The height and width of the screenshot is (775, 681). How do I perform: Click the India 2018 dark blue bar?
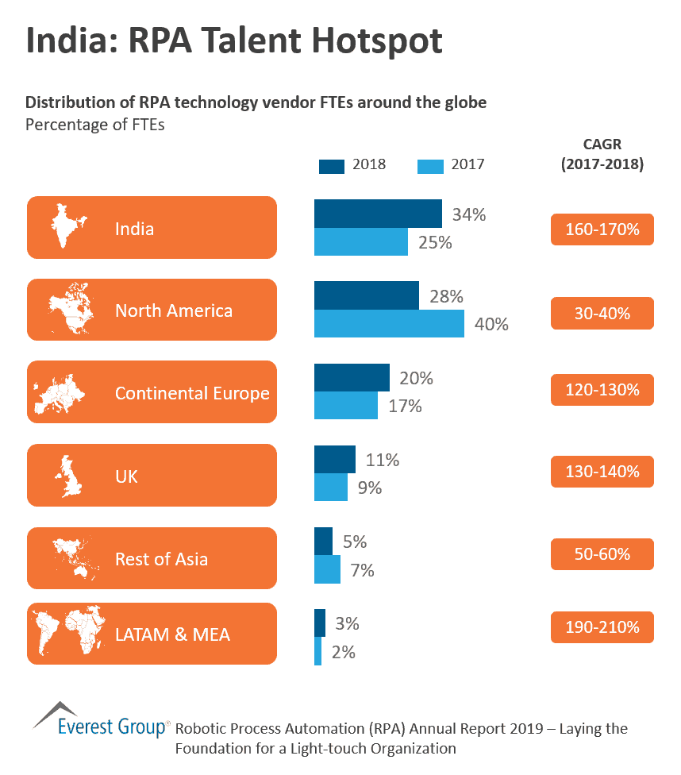pyautogui.click(x=378, y=214)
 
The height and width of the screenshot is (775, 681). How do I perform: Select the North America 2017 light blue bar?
pyautogui.click(x=389, y=323)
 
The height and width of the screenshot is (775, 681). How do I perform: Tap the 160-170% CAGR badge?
pyautogui.click(x=602, y=229)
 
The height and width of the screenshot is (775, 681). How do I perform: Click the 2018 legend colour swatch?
pyautogui.click(x=332, y=165)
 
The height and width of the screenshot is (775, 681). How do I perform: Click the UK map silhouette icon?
pyautogui.click(x=70, y=476)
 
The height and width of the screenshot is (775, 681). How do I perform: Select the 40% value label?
pyautogui.click(x=491, y=324)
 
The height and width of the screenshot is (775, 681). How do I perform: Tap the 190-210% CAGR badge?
pyautogui.click(x=602, y=627)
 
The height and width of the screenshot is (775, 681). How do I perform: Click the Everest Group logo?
pyautogui.click(x=101, y=719)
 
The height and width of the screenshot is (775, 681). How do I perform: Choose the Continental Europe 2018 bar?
pyautogui.click(x=352, y=378)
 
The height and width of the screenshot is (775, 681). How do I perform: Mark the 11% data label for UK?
pyautogui.click(x=382, y=460)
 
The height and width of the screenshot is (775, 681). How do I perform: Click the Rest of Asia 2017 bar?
pyautogui.click(x=327, y=569)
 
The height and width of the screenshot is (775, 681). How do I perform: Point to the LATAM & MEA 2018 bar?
pyautogui.click(x=320, y=623)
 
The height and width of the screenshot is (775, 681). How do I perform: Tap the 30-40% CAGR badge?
pyautogui.click(x=602, y=313)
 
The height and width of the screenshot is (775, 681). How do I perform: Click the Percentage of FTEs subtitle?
pyautogui.click(x=94, y=125)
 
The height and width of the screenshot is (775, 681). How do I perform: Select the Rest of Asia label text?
pyautogui.click(x=161, y=559)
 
